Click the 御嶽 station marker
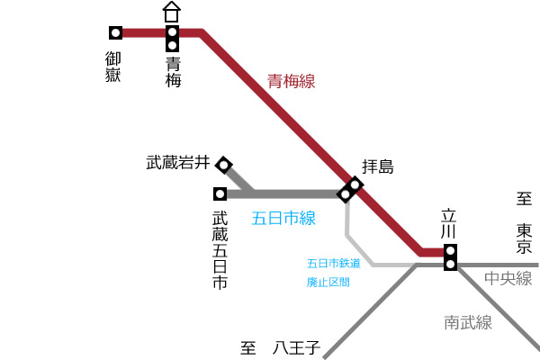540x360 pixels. click(x=116, y=32)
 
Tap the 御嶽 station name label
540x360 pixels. click(x=113, y=67)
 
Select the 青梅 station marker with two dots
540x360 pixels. click(x=172, y=39)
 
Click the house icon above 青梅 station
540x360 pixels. click(x=172, y=12)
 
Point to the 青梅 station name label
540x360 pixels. click(x=173, y=72)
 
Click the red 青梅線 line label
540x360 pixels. click(x=291, y=81)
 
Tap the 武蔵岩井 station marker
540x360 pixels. click(x=224, y=165)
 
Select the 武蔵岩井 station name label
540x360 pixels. click(x=178, y=162)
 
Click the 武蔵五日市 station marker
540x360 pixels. click(x=220, y=194)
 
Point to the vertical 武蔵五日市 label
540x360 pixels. click(x=220, y=250)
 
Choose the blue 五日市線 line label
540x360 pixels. click(x=283, y=218)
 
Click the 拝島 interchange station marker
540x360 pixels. click(x=350, y=190)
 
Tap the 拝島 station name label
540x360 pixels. click(x=378, y=166)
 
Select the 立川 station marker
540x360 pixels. click(x=451, y=257)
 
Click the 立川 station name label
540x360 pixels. click(x=449, y=223)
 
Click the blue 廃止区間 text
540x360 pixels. click(x=328, y=282)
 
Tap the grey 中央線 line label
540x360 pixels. click(x=508, y=278)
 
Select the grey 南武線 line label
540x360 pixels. click(x=468, y=322)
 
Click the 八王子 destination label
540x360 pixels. click(x=296, y=347)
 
